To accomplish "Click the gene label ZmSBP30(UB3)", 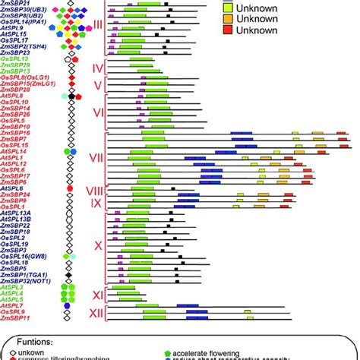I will click(24, 10).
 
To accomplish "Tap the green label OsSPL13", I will click(15, 58).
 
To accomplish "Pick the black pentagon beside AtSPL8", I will click(71, 96).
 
